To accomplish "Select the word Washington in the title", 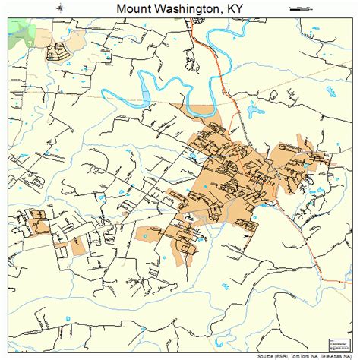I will coord(190,8).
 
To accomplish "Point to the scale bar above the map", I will coord(301,8).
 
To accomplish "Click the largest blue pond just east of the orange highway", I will coord(252,113).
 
